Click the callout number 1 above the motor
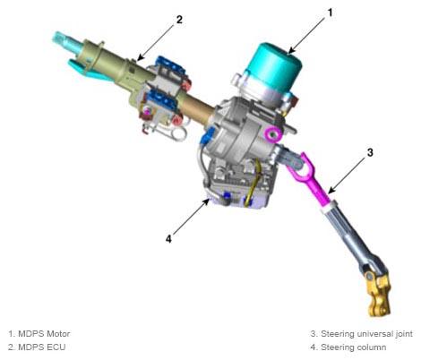[x=330, y=13]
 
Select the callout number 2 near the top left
[x=179, y=20]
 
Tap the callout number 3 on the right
[x=370, y=152]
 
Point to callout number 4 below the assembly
[x=168, y=239]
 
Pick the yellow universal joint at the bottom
[x=378, y=294]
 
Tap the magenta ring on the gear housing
[x=274, y=134]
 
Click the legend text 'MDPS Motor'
[x=44, y=333]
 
